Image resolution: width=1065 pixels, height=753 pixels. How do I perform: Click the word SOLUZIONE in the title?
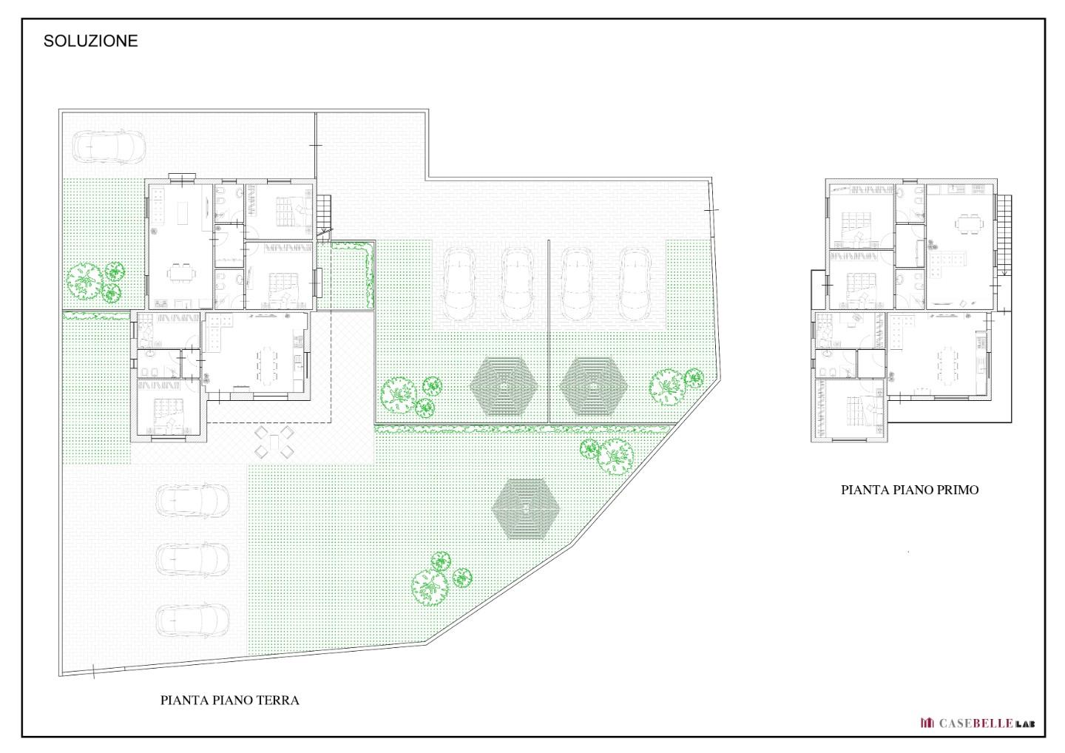coord(90,41)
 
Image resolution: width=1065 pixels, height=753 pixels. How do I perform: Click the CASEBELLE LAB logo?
coord(977,723)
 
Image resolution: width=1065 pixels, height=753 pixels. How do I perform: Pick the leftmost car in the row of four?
coord(459,284)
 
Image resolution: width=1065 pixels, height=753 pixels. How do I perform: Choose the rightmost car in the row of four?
coord(635,284)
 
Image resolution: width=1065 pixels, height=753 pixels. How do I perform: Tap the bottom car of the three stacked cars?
coord(192,621)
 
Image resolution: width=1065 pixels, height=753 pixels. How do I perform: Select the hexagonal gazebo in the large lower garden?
coord(525,509)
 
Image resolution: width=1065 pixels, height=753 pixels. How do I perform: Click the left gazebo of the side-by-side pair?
coord(504,386)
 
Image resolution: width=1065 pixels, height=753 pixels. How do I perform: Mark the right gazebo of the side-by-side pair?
coord(593,386)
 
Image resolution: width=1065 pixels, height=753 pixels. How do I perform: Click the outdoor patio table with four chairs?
coord(274,442)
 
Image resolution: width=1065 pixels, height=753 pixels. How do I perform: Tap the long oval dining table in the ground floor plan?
coord(267,365)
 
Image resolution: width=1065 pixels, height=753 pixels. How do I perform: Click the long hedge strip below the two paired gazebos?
coord(522,429)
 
